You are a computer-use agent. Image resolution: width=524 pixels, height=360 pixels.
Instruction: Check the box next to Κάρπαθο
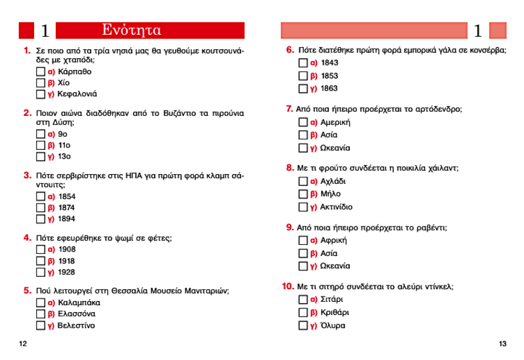(41, 71)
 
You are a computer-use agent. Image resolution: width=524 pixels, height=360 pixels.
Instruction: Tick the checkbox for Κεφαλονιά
(41, 94)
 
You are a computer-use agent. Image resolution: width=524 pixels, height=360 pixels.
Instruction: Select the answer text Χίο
(64, 83)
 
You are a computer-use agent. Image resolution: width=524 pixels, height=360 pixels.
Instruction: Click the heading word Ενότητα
(132, 30)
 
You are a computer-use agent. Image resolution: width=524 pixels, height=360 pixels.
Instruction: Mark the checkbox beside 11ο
(41, 145)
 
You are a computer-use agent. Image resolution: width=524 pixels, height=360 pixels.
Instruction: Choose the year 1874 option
(67, 207)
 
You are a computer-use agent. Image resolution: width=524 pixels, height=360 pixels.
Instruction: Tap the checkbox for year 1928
(41, 272)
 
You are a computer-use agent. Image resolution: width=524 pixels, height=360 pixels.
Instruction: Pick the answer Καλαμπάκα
(79, 303)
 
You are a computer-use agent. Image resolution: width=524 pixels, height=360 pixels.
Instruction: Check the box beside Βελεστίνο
(41, 325)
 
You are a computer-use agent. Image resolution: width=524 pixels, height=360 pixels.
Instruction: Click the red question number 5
(28, 290)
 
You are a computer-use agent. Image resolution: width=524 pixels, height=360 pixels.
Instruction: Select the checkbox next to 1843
(303, 63)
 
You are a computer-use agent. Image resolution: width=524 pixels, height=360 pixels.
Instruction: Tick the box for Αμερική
(303, 122)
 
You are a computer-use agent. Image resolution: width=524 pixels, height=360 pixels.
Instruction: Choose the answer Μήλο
(330, 194)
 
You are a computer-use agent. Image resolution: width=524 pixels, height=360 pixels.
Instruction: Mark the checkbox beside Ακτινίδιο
(303, 207)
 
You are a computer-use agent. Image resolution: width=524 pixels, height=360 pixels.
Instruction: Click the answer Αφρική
(333, 240)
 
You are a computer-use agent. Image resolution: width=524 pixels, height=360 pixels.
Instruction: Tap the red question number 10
(288, 286)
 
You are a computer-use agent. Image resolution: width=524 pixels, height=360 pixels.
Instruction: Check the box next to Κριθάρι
(303, 312)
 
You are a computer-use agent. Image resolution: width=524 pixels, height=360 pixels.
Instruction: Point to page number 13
(502, 344)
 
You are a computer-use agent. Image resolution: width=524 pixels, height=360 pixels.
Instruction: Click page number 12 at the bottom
(23, 344)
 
